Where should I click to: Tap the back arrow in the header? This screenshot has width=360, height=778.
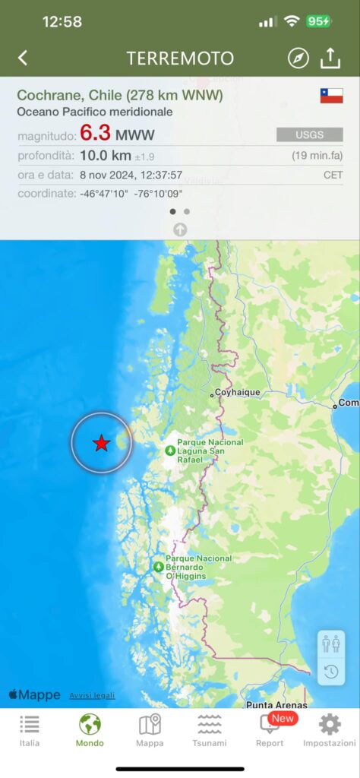coord(23,58)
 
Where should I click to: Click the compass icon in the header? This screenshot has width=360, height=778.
coord(298,58)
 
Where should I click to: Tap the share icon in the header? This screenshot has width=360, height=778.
coord(330,58)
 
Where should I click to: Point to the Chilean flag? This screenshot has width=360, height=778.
coord(331,96)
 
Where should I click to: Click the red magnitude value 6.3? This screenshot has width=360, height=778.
coord(96,134)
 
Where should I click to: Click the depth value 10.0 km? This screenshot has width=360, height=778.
coord(106,156)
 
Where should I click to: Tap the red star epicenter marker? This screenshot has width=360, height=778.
coord(101,443)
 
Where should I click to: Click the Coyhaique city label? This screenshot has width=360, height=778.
coord(238,393)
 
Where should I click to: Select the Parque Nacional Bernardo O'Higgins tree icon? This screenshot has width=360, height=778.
coord(158,566)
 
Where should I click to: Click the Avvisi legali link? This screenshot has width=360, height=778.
coord(92,695)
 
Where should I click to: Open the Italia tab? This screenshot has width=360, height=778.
coord(30,730)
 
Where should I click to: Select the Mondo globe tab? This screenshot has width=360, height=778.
coord(90,730)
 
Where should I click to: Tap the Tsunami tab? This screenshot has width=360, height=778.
coord(210,730)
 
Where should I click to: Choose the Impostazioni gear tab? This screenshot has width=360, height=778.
coord(330,730)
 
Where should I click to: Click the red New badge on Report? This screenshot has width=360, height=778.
coord(283,718)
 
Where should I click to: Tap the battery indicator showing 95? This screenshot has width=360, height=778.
coord(318,21)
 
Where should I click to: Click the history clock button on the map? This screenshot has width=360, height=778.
coord(331,671)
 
